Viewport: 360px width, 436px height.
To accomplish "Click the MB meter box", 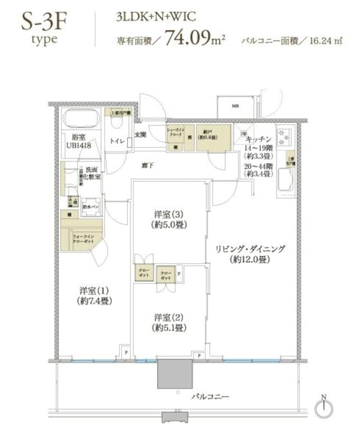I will click(235, 107).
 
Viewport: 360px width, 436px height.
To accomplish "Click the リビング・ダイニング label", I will click(250, 254).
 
